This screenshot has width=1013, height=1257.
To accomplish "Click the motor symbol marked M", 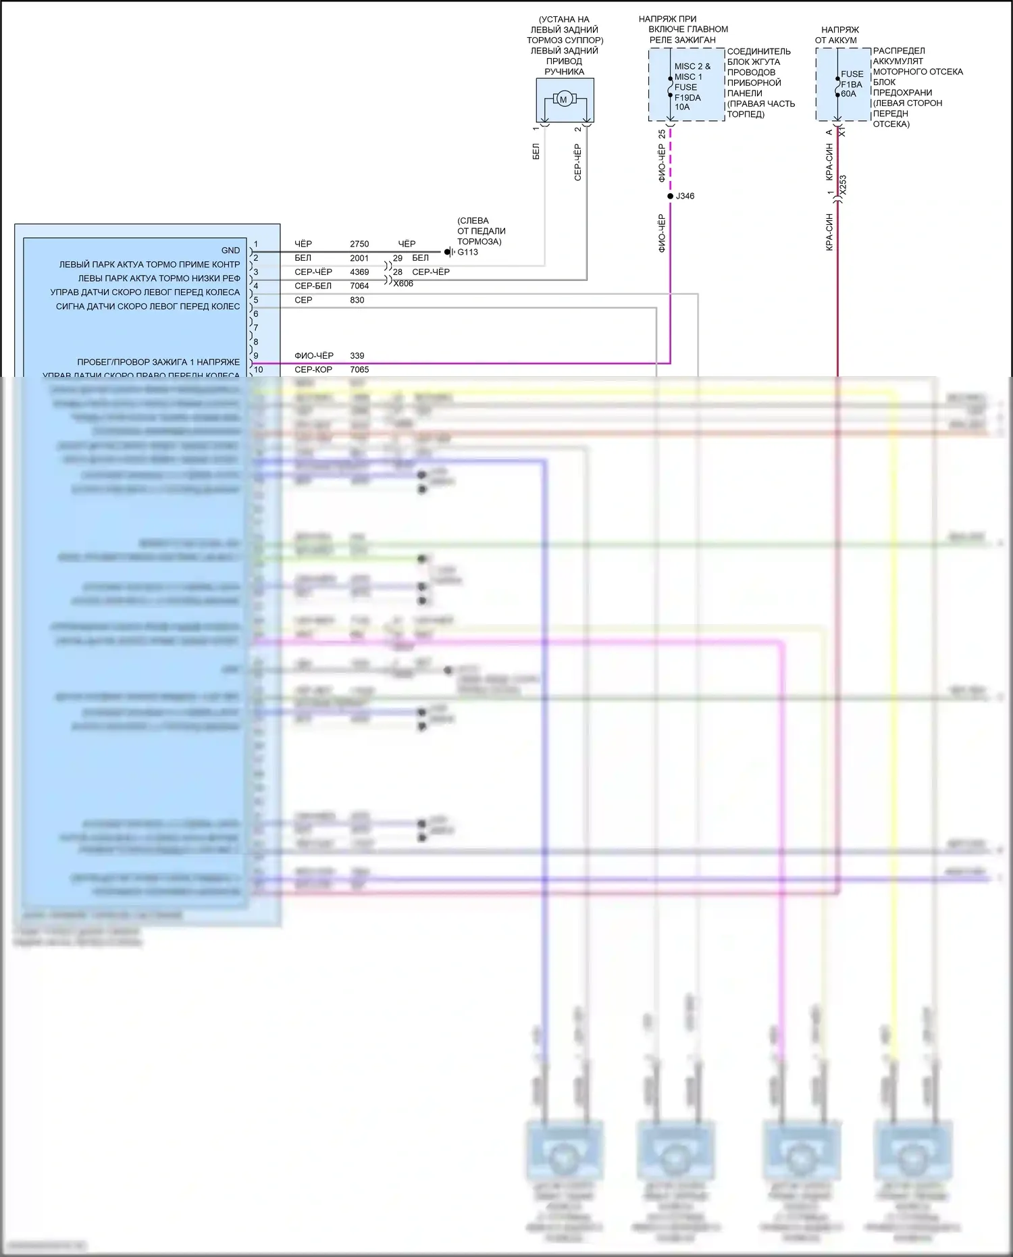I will [563, 100].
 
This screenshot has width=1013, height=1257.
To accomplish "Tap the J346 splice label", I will [685, 197].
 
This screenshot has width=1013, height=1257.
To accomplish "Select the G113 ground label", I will [467, 253].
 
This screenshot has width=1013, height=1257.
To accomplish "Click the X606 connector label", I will [403, 284].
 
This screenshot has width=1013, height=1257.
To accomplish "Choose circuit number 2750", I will [359, 244].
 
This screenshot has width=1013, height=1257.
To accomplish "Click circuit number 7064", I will [359, 286].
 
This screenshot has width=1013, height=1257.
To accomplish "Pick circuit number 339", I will [357, 356].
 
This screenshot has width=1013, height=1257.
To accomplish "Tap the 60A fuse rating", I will [848, 94].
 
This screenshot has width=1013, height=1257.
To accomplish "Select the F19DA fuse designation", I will [687, 97].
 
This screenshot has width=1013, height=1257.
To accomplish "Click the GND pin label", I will [230, 251].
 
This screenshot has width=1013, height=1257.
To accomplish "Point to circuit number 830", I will [357, 300].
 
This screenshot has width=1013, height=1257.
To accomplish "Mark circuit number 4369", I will [359, 272].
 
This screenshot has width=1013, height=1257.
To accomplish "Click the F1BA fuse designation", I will [852, 84].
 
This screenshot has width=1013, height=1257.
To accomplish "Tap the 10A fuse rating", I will [682, 107].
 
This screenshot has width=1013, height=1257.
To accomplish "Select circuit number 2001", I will [359, 258].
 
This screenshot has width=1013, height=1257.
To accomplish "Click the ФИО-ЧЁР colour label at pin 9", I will [314, 356].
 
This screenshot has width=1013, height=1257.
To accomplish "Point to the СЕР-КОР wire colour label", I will [313, 370].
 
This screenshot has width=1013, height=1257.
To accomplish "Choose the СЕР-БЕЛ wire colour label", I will [313, 286].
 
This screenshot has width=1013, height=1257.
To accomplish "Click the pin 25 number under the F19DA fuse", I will [662, 134].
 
